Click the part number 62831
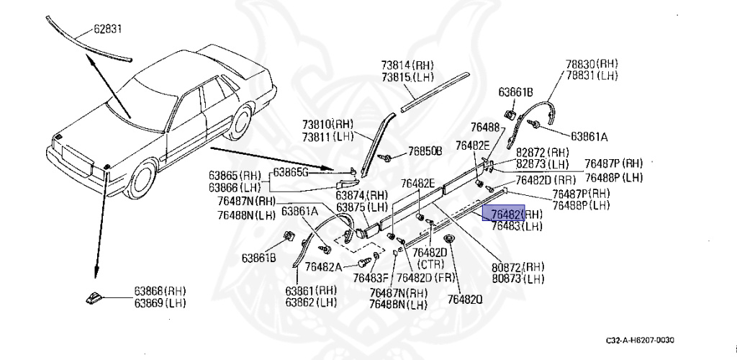pyautogui.click(x=109, y=30)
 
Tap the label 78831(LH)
pyautogui.click(x=591, y=75)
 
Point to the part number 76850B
pyautogui.click(x=424, y=151)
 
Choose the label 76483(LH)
pyautogui.click(x=517, y=226)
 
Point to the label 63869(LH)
pyautogui.click(x=159, y=303)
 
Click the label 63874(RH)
pyautogui.click(x=361, y=195)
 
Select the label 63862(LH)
pyautogui.click(x=310, y=302)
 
